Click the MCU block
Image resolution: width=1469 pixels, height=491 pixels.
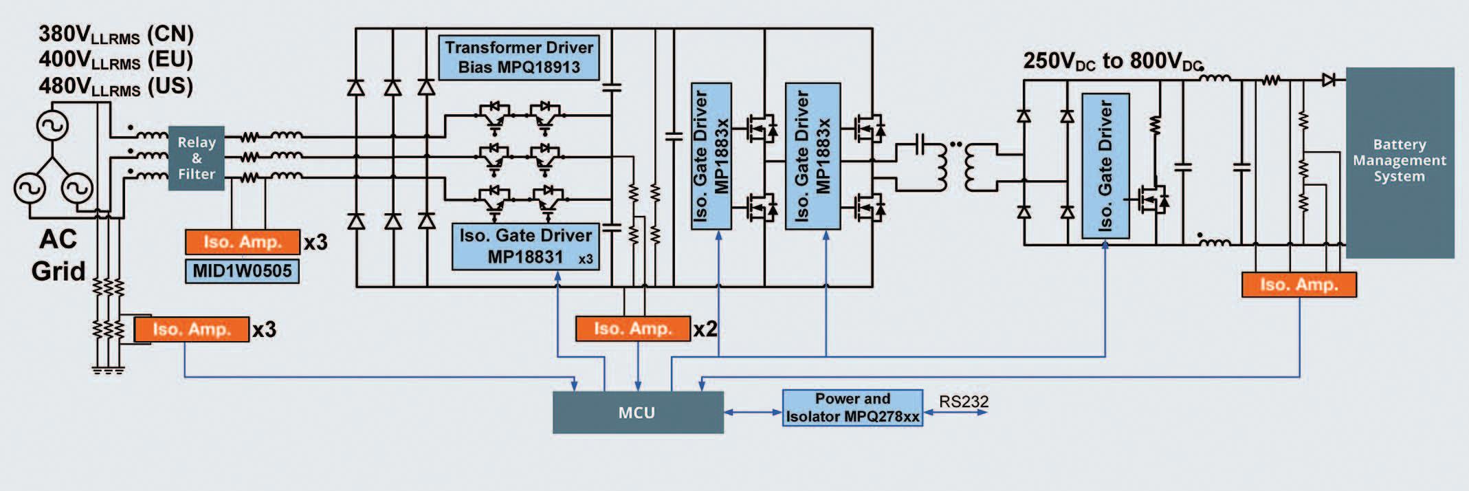[638, 413]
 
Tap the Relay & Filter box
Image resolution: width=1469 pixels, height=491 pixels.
[197, 158]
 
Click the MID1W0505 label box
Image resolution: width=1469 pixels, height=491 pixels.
[242, 271]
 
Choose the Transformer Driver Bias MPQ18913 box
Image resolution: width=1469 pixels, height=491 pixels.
[519, 57]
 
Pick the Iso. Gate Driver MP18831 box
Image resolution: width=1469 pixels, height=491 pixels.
[526, 246]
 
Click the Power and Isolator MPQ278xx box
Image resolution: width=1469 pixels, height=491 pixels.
[852, 408]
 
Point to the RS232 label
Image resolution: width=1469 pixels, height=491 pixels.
[964, 402]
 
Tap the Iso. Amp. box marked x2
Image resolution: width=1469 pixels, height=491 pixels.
[632, 329]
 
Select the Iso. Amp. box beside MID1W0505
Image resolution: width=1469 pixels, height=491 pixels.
[243, 242]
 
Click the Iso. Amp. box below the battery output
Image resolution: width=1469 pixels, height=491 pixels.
[1299, 285]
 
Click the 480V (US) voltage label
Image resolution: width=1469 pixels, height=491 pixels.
[115, 87]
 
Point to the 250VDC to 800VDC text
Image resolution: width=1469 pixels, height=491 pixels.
[1113, 61]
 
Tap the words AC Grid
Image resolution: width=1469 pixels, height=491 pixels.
[58, 255]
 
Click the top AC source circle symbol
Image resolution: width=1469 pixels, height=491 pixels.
[52, 126]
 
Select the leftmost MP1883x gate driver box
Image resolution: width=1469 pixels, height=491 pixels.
[711, 156]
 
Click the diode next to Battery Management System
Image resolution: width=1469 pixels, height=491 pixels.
[1328, 80]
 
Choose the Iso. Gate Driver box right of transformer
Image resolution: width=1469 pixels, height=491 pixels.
[1105, 166]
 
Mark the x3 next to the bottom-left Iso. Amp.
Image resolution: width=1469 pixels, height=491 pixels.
[264, 329]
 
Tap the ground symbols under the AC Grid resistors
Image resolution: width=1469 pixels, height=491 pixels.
[109, 371]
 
